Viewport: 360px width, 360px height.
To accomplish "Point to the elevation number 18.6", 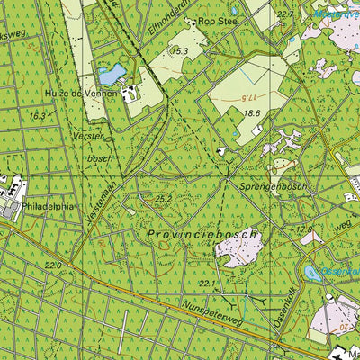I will click(x=251, y=113).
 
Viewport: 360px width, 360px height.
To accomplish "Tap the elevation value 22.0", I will click(x=54, y=265).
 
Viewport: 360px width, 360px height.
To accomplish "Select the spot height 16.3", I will click(x=36, y=116).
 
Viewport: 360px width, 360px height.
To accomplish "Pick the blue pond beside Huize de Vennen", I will click(x=112, y=72).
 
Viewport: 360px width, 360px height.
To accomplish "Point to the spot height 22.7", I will click(x=285, y=13).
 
